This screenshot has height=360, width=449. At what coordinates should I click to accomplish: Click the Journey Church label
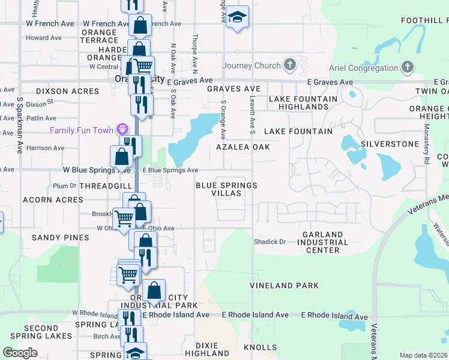(252, 66)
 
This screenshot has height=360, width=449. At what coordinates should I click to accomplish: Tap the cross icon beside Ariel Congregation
(408, 67)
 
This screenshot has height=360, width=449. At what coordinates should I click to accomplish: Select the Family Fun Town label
(83, 130)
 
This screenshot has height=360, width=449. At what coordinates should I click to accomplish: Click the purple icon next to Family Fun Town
(123, 129)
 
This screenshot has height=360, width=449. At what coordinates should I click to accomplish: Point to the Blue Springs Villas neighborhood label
(226, 190)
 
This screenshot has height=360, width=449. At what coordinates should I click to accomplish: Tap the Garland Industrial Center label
(322, 242)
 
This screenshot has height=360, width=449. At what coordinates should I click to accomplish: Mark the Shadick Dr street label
(270, 242)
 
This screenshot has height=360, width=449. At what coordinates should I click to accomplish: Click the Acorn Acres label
(53, 200)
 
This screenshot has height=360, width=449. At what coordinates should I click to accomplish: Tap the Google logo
(20, 353)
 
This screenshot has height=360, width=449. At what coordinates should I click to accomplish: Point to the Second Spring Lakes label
(41, 333)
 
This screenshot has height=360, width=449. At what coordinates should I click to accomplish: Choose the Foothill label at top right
(424, 20)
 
